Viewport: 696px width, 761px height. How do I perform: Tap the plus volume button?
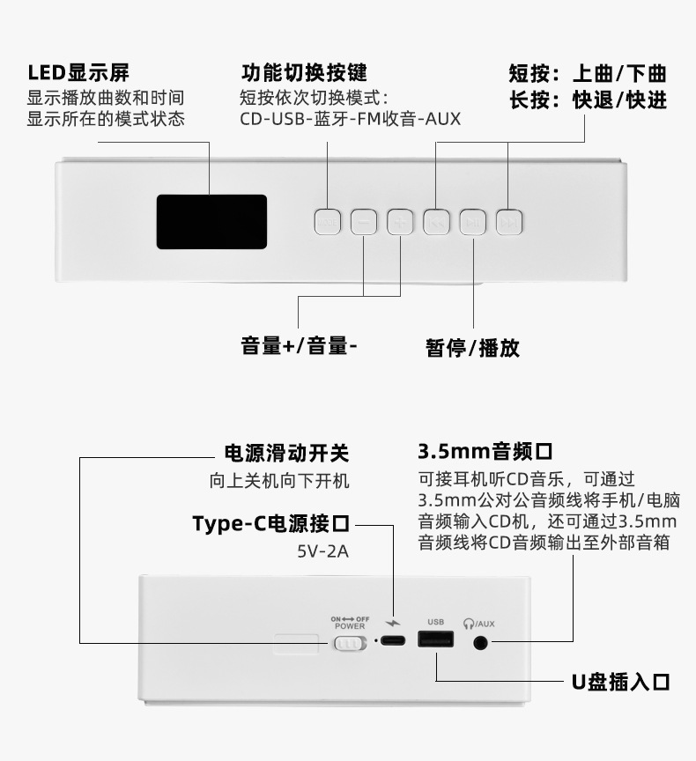tap(399, 221)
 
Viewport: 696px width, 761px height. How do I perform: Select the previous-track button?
tap(436, 221)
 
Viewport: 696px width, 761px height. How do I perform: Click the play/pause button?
tap(473, 221)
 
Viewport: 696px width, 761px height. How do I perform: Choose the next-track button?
tap(509, 221)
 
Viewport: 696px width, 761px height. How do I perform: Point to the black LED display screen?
tap(211, 221)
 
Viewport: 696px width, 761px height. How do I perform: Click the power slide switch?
tap(349, 644)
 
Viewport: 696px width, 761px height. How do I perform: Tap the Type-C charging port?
tap(392, 641)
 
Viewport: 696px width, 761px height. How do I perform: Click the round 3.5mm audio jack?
tap(481, 642)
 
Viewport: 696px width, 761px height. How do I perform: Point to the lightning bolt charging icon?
tap(392, 624)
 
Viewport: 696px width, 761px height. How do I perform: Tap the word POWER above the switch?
tap(350, 626)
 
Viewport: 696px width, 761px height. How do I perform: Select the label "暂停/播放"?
tap(473, 348)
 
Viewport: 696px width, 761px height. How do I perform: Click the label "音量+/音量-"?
tap(299, 345)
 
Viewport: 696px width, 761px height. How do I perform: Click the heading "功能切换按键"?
tap(304, 72)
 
